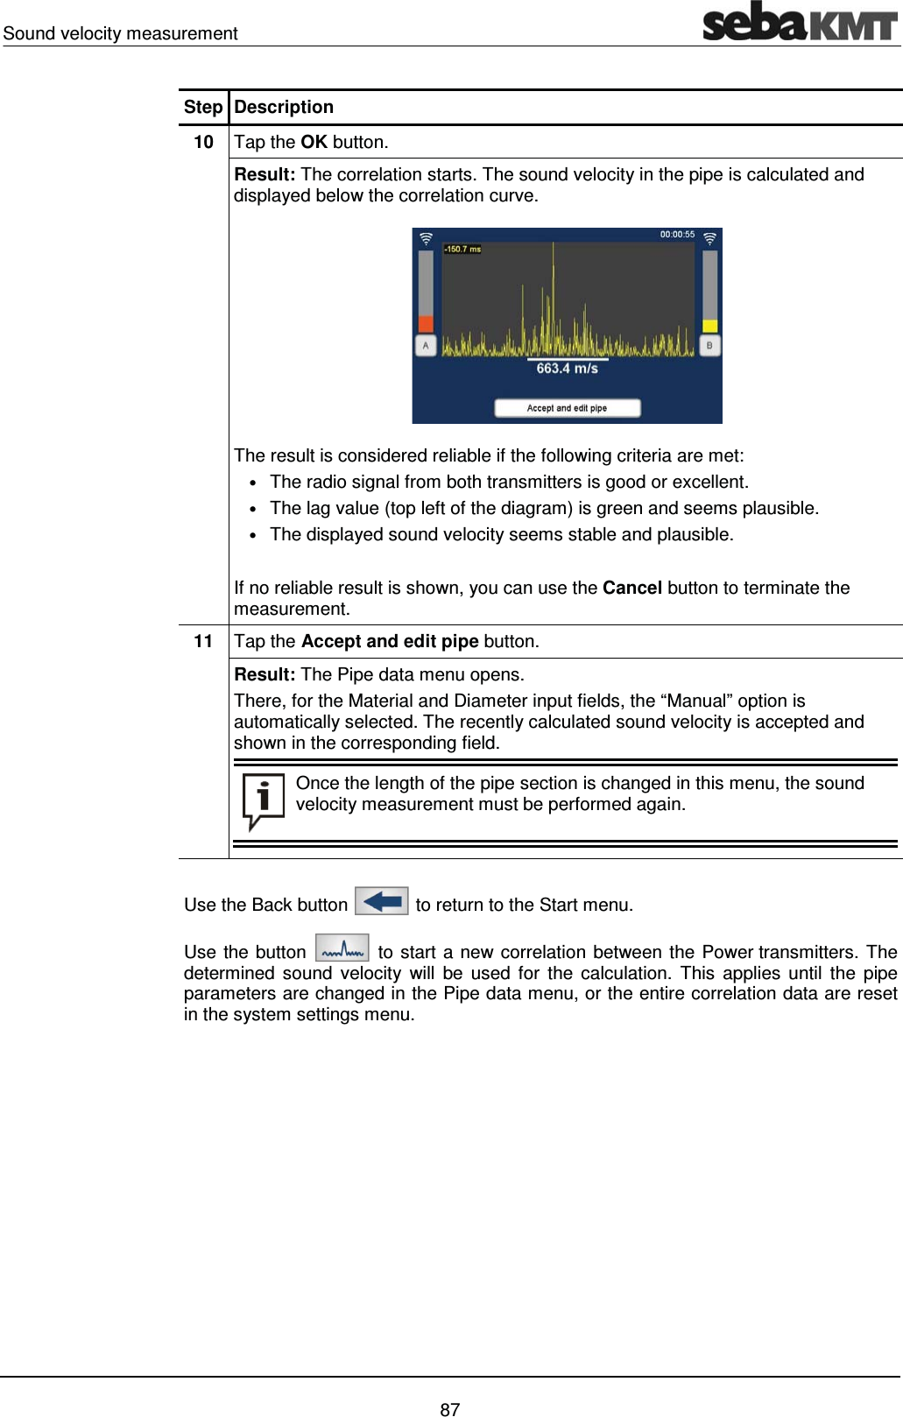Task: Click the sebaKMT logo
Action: [x=800, y=22]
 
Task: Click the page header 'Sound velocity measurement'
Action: [x=120, y=33]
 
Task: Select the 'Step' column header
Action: [x=203, y=107]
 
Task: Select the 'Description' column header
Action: [x=284, y=107]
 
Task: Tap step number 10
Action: [x=203, y=142]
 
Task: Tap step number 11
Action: [x=203, y=641]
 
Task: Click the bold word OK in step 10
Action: [x=314, y=142]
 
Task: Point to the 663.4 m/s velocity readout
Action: [x=567, y=369]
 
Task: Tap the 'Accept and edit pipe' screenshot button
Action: [x=567, y=408]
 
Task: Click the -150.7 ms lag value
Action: [x=462, y=249]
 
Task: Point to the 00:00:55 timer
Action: [x=677, y=235]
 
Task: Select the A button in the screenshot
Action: [x=426, y=346]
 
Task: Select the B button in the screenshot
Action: [x=709, y=346]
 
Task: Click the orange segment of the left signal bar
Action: [x=426, y=323]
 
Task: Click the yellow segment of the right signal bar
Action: [x=709, y=326]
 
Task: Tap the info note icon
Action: [x=263, y=800]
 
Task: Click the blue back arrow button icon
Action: [x=382, y=901]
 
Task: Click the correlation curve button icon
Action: [x=342, y=948]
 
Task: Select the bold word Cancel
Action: [x=631, y=588]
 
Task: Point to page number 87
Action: [x=450, y=1409]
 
